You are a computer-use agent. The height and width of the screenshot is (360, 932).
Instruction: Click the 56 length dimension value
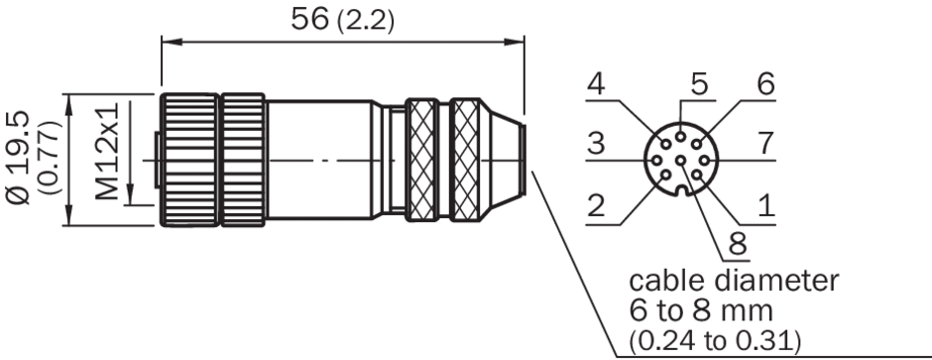[x=309, y=19]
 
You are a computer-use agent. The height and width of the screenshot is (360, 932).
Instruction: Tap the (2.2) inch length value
[x=366, y=22]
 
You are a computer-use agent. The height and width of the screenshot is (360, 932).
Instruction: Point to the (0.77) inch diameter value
[x=51, y=158]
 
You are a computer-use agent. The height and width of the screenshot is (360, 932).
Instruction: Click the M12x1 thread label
[x=107, y=151]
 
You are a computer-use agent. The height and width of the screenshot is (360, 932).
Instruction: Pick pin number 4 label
[x=596, y=84]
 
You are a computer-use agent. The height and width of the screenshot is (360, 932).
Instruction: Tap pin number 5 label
[x=700, y=84]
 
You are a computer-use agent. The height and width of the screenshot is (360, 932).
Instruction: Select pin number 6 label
[x=766, y=84]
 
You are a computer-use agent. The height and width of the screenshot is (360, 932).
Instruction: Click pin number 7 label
[x=766, y=143]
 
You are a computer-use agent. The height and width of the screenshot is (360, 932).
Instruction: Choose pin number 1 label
[x=766, y=206]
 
